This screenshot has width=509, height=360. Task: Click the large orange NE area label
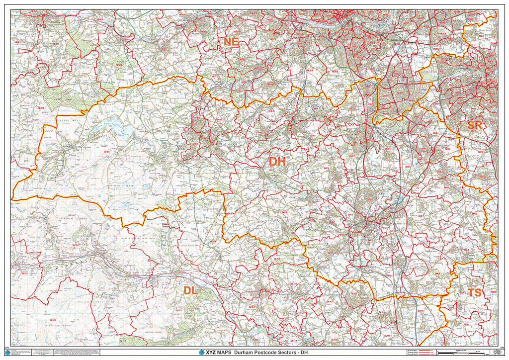pyautogui.click(x=231, y=42)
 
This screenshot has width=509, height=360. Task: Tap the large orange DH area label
pyautogui.click(x=277, y=162)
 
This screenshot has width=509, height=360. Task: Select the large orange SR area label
pyautogui.click(x=475, y=125)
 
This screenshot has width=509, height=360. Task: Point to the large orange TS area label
pyautogui.click(x=475, y=292)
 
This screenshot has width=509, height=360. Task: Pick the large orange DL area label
pyautogui.click(x=191, y=290)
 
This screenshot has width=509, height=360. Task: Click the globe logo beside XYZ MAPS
pyautogui.click(x=201, y=353)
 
